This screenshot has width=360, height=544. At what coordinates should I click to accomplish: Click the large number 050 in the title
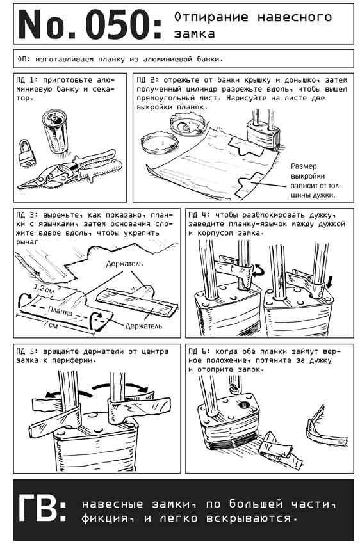(x=118, y=24)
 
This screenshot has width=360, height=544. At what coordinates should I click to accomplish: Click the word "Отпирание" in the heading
(x=211, y=17)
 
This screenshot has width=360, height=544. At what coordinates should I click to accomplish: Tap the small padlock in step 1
(x=27, y=153)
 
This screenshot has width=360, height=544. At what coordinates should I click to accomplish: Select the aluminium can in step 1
(x=55, y=131)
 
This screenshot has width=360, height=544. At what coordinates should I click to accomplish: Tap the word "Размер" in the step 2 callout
(x=304, y=166)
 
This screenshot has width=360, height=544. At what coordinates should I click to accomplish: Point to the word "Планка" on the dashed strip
(x=60, y=310)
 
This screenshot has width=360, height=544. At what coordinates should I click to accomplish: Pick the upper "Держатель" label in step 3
(x=124, y=264)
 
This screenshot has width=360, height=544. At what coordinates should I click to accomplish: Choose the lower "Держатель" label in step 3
(x=143, y=326)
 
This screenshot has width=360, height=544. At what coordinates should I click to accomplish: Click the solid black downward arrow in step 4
(x=329, y=281)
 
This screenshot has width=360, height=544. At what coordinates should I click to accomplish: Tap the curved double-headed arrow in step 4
(x=259, y=270)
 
